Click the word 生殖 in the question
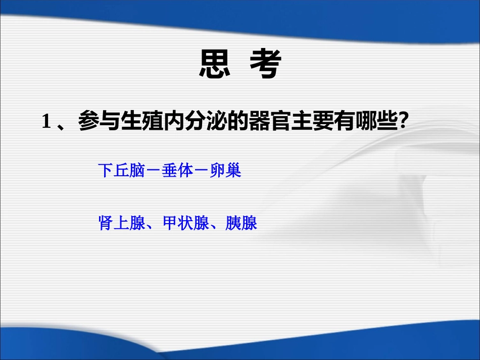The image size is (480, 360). coord(141,122)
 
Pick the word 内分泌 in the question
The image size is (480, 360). coord(194,122)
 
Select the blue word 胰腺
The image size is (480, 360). coord(242,223)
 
